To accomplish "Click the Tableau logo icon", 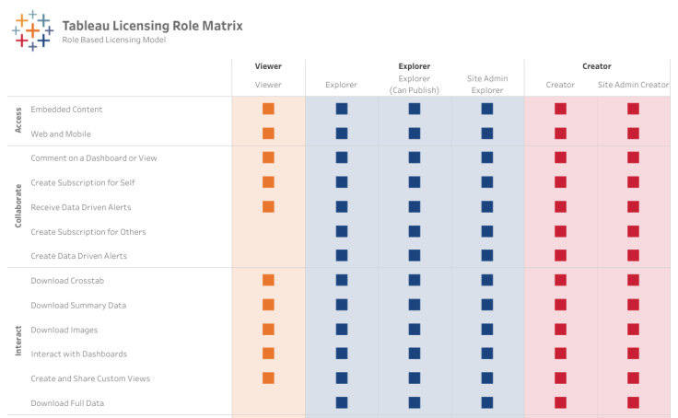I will pyautogui.click(x=31, y=29).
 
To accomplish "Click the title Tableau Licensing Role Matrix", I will pyautogui.click(x=152, y=25).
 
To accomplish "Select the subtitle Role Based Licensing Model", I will pyautogui.click(x=114, y=41).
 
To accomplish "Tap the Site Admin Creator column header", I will pyautogui.click(x=633, y=85).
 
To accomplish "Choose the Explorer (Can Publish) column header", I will pyautogui.click(x=414, y=85).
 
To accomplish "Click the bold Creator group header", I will pyautogui.click(x=596, y=66).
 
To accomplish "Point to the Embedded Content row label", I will pyautogui.click(x=66, y=109).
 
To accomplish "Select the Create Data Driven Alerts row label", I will pyautogui.click(x=78, y=256).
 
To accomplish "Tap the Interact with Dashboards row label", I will pyautogui.click(x=78, y=354).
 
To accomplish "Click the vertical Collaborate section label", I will pyautogui.click(x=18, y=206).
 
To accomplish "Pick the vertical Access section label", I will pyautogui.click(x=18, y=121).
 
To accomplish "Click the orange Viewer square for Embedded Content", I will pyautogui.click(x=268, y=109).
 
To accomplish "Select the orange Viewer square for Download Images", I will pyautogui.click(x=268, y=330).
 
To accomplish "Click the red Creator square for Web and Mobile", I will pyautogui.click(x=560, y=134).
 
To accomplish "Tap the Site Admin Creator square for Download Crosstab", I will pyautogui.click(x=633, y=280).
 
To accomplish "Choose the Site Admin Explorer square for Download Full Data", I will pyautogui.click(x=486, y=402).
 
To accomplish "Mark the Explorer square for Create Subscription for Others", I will pyautogui.click(x=342, y=231).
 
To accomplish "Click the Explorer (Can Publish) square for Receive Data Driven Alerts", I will pyautogui.click(x=414, y=207).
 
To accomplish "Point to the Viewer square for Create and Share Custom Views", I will pyautogui.click(x=268, y=377).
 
